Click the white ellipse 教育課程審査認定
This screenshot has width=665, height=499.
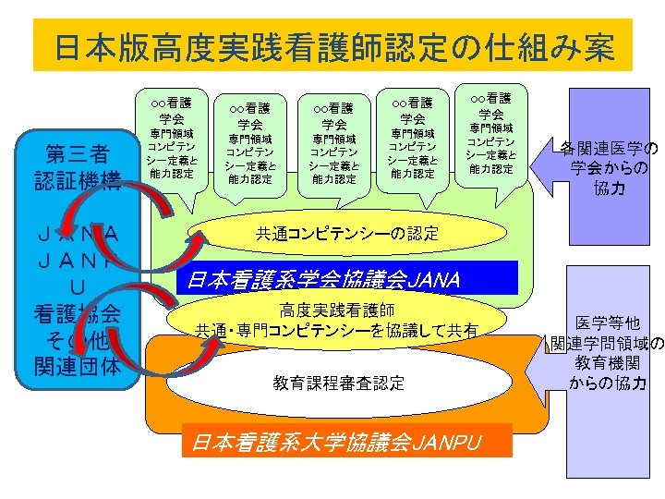click(x=339, y=383)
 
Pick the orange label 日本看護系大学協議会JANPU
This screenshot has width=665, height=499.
click(x=336, y=443)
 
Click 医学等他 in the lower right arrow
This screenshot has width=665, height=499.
click(x=608, y=323)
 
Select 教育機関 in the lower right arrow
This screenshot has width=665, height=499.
click(x=608, y=363)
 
